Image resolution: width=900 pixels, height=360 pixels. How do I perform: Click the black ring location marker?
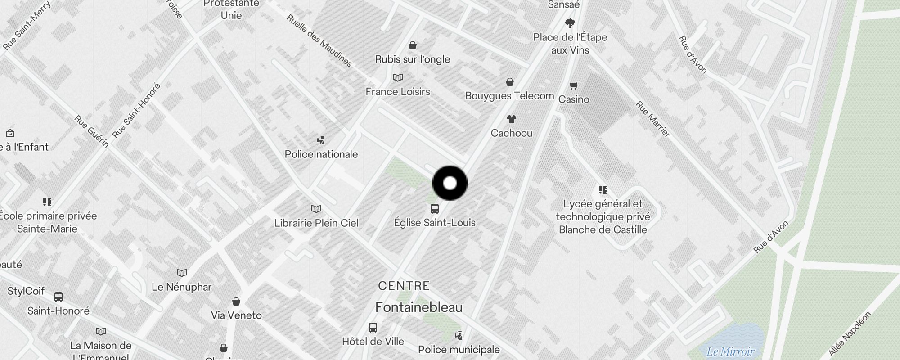click(x=450, y=183)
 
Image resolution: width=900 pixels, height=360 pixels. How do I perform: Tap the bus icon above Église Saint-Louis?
click(x=434, y=209)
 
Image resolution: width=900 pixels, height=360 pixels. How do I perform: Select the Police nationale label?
click(x=321, y=154)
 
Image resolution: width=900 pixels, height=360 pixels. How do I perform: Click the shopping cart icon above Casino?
click(x=574, y=85)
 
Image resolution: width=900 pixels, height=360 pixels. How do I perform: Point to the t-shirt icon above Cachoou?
click(x=511, y=119)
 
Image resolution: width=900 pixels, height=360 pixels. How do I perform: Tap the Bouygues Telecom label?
click(x=509, y=96)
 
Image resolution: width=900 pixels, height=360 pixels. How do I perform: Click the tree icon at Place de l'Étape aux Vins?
click(x=570, y=23)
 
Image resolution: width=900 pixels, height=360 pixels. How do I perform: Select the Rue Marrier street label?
click(x=652, y=119)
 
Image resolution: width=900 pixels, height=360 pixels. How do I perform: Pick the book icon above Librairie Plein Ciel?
click(x=316, y=209)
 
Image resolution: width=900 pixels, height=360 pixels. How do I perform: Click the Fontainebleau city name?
click(x=419, y=307)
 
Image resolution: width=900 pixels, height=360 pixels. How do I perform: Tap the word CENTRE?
click(x=404, y=286)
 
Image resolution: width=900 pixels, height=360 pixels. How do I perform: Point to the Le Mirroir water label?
click(x=730, y=351)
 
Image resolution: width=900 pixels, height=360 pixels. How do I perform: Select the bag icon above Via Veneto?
click(x=236, y=301)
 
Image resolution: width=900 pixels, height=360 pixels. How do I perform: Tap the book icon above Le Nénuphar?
click(x=181, y=273)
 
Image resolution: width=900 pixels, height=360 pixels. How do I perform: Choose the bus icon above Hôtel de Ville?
click(x=373, y=327)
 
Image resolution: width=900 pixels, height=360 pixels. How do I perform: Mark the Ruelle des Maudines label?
click(x=319, y=41)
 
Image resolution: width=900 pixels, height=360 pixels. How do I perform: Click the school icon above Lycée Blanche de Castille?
click(x=603, y=190)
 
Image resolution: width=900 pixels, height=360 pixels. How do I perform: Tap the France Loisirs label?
click(x=398, y=92)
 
